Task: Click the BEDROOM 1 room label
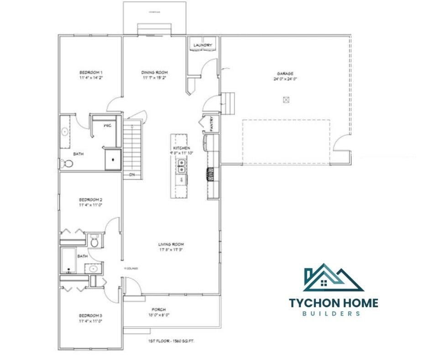[x=90, y=73]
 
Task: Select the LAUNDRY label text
[x=202, y=45]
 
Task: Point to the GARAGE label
[x=285, y=74]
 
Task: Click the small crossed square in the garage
[x=286, y=100]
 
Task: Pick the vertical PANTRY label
[x=212, y=123]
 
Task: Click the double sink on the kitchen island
[x=181, y=169]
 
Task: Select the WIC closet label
[x=107, y=125]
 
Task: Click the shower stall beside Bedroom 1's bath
[x=112, y=159]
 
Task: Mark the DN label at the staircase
[x=131, y=175]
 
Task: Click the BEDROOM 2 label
[x=90, y=200]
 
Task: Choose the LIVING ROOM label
[x=171, y=244]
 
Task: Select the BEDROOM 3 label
[x=90, y=316]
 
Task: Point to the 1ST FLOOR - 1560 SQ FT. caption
[x=172, y=341]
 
